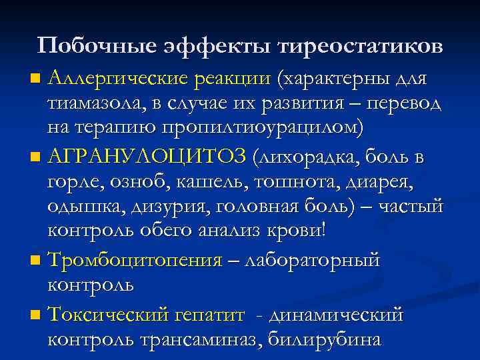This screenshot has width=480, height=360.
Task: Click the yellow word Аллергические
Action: point(120,79)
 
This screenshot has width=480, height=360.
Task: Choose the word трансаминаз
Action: point(199,338)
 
